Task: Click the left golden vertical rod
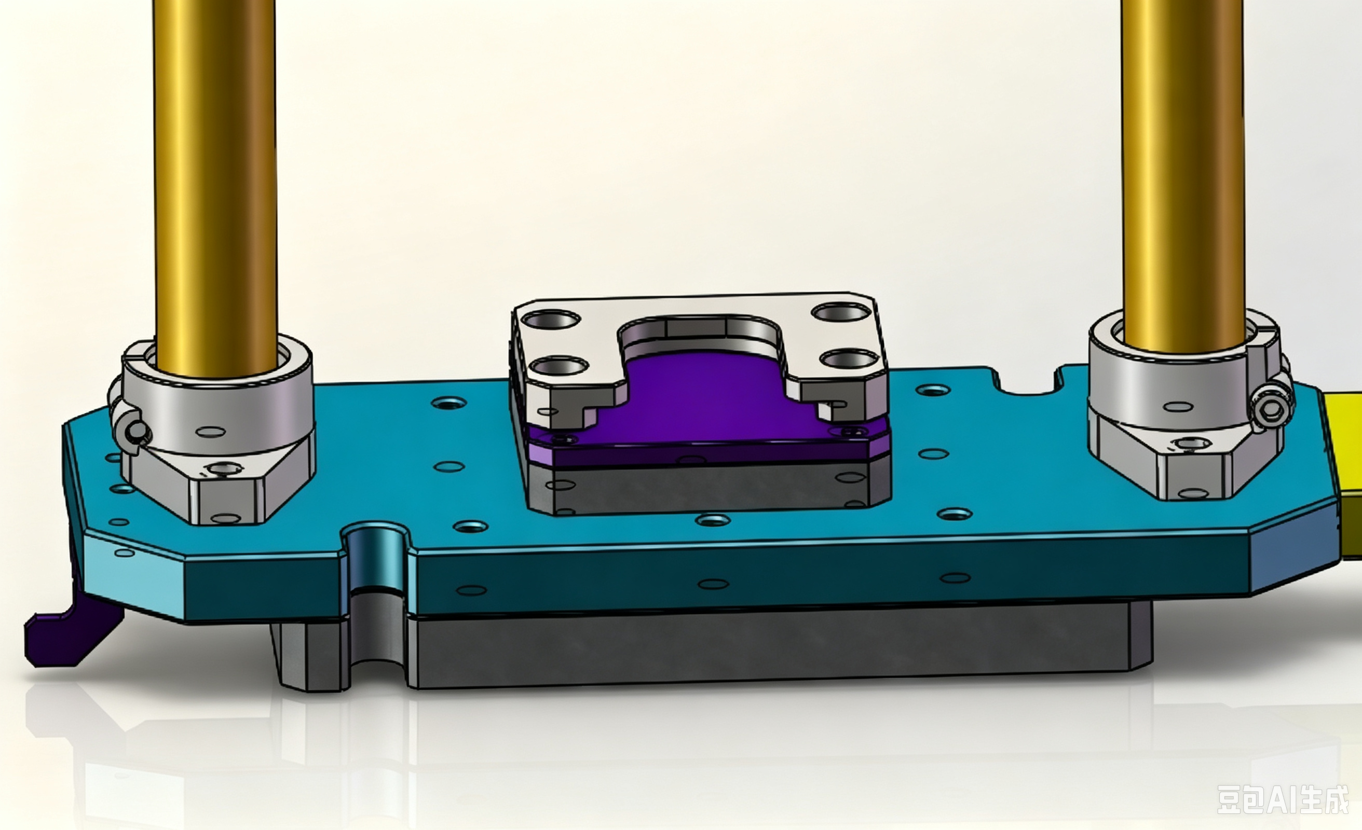215,188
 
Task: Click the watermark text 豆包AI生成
1283,799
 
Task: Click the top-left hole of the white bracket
551,320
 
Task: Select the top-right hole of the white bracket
841,313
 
